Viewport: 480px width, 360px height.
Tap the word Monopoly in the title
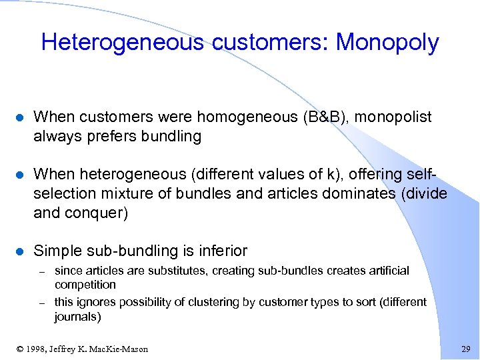(x=387, y=43)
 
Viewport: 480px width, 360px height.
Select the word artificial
(x=383, y=271)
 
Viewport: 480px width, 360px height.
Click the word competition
(x=85, y=284)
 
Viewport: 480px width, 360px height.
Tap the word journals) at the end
(x=77, y=317)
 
